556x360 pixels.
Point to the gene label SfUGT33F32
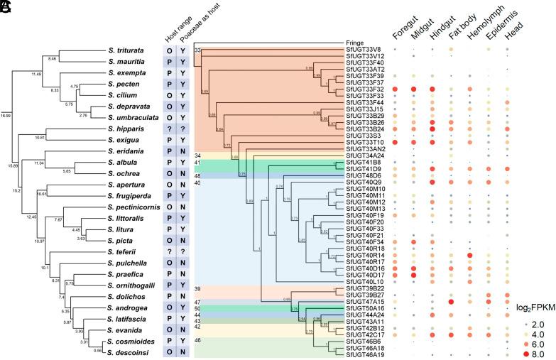click(365, 89)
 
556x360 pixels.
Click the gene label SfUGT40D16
click(365, 268)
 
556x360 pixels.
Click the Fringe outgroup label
click(355, 43)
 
